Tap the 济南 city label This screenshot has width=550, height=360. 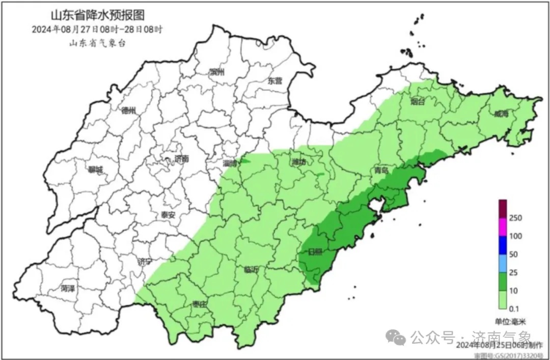pos(181,159)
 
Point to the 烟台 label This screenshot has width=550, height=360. pos(418,102)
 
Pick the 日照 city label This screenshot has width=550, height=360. pos(315,252)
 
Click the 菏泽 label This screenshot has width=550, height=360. pos(67,289)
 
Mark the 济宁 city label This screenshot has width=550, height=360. pos(145,262)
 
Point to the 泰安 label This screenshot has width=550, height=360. pos(168,215)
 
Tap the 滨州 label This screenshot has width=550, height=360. pos(217,72)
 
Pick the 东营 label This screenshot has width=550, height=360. pos(275,80)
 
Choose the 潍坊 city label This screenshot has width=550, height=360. pos(299,163)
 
